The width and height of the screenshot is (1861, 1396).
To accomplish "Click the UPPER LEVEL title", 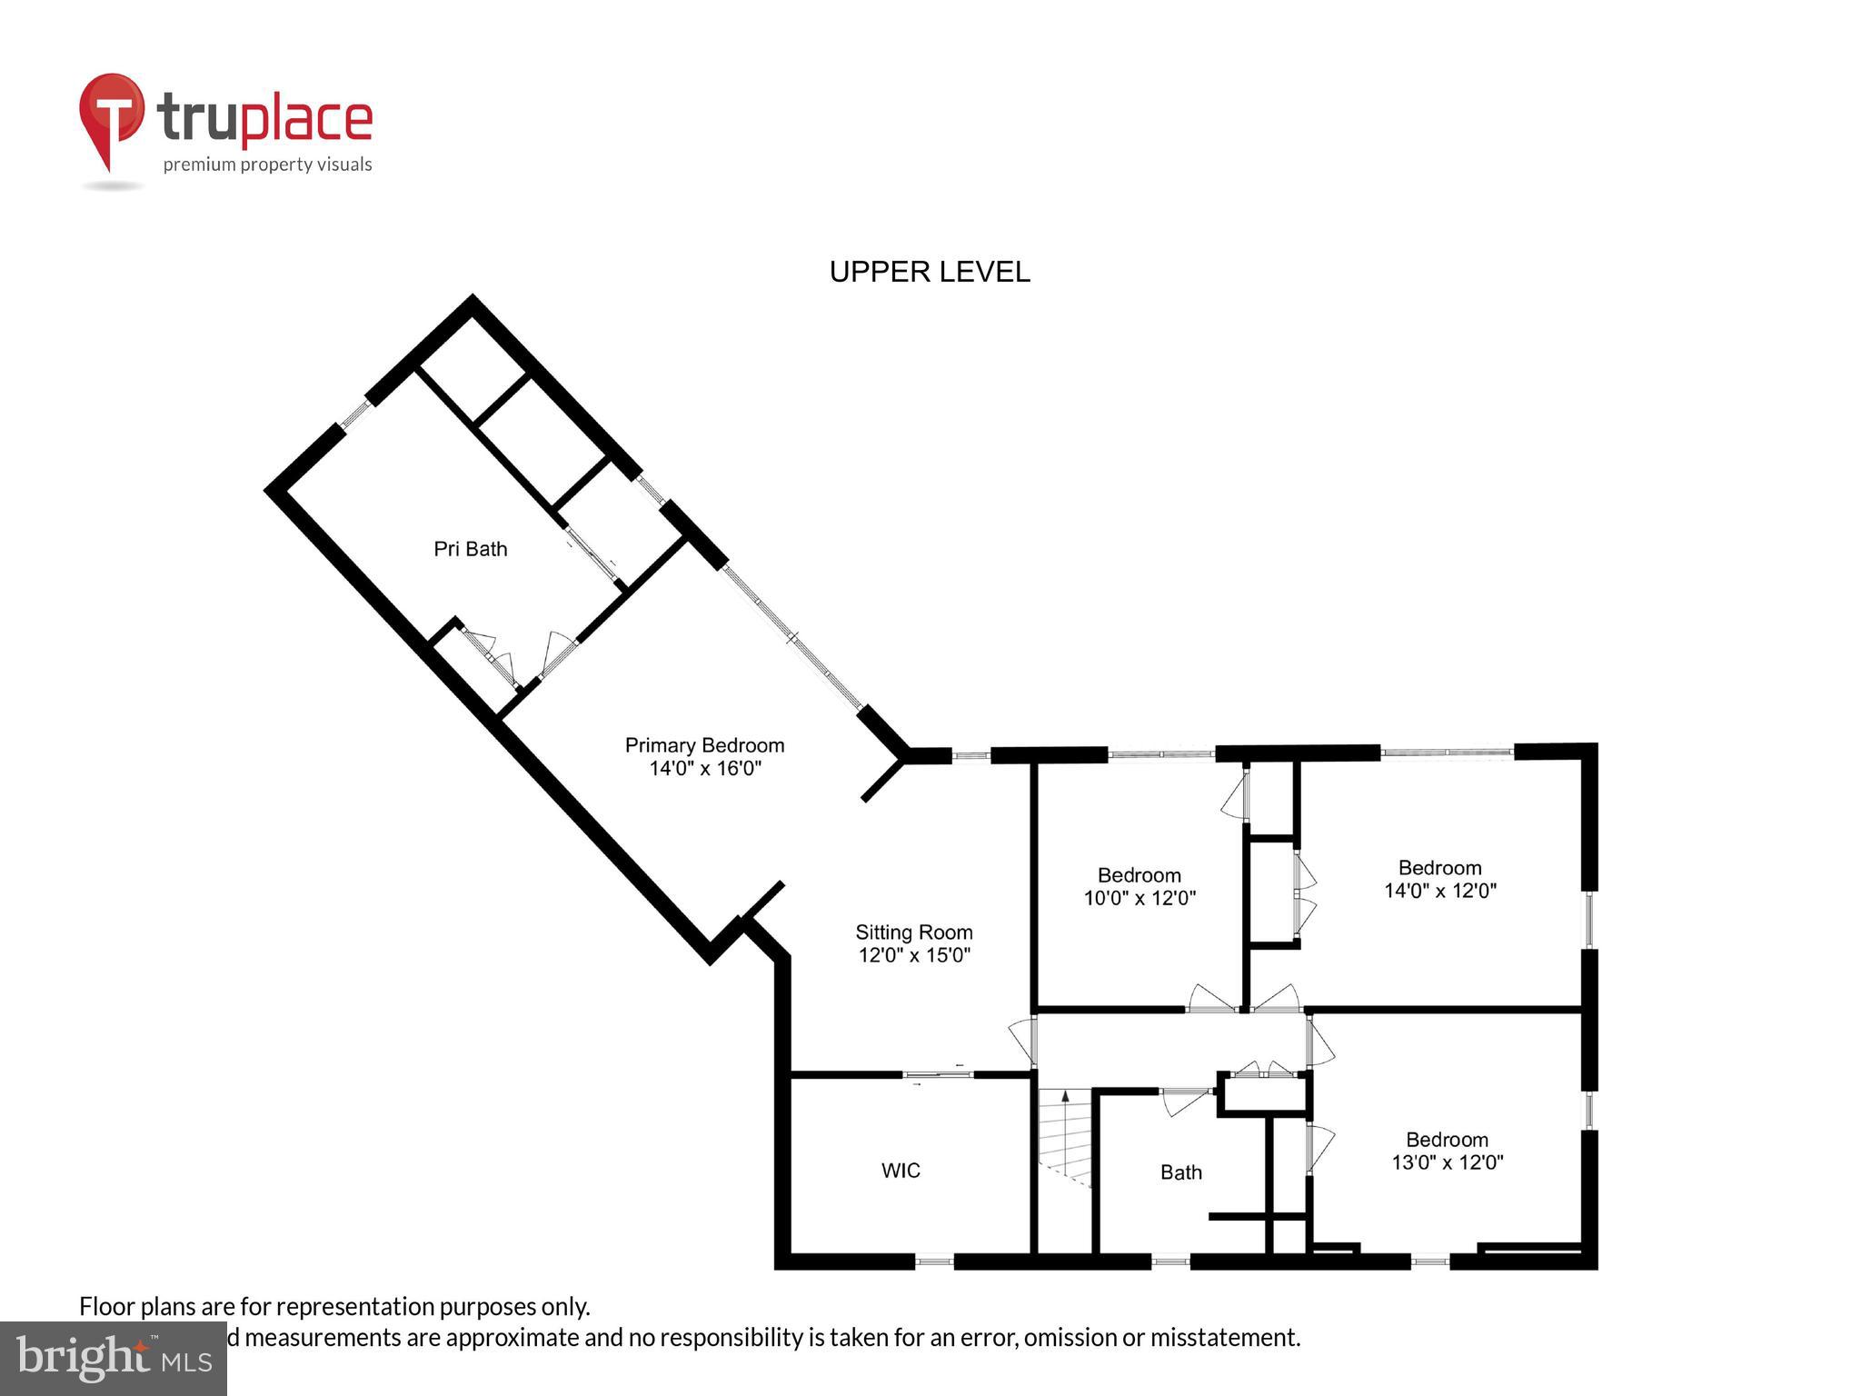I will pos(930,272).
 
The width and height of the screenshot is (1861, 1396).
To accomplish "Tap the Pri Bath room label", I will pos(470,549).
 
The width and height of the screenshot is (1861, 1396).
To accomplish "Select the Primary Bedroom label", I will pos(704,745).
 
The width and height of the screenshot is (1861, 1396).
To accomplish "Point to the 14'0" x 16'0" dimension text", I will pos(704,769).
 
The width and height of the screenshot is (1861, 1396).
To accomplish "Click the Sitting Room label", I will pos(913,932).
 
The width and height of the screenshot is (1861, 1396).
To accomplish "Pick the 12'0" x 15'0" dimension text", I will pos(914,955).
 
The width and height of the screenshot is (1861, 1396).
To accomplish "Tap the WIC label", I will pos(901,1171).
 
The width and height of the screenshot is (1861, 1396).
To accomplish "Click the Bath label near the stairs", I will pos(1180,1172).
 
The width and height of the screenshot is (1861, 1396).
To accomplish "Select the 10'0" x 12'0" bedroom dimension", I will pos(1139,898).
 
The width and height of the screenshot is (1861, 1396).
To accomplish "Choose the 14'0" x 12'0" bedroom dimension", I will pos(1440,891).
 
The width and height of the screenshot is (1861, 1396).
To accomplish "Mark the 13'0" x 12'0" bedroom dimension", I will pos(1448,1162).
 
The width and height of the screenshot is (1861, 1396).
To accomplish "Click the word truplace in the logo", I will pos(264,120).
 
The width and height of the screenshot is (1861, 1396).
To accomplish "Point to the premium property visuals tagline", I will pos(267,165).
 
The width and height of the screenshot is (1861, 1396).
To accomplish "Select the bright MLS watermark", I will pos(113,1358).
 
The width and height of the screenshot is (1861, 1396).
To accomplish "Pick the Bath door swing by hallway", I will pos(1184,1102).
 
